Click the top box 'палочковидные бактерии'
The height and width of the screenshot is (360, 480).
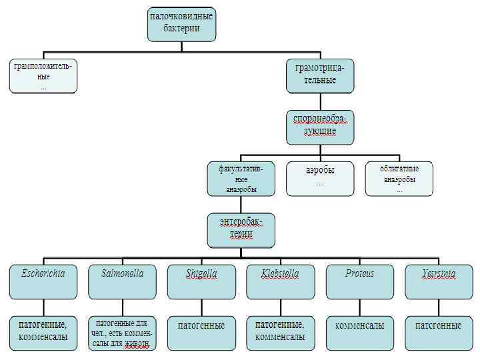(x=181, y=25)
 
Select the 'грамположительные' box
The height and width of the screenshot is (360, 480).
(x=43, y=76)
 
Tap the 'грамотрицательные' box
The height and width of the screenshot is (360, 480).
(x=319, y=75)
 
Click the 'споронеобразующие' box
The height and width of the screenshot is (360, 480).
(x=319, y=127)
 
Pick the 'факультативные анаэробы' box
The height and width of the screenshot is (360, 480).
(x=240, y=179)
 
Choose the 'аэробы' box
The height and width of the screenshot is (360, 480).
(x=319, y=179)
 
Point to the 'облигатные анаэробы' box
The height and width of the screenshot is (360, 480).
(x=399, y=179)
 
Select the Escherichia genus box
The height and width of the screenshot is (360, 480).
(x=43, y=281)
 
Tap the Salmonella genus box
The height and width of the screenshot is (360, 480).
(x=122, y=281)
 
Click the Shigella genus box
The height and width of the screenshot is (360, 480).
(x=201, y=281)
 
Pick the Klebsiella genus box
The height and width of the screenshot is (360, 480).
(x=280, y=281)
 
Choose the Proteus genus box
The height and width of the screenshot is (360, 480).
(x=359, y=281)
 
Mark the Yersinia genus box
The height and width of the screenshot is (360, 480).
(x=438, y=281)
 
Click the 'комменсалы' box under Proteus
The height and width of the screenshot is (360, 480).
(x=359, y=332)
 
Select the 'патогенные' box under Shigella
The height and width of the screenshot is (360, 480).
(x=201, y=332)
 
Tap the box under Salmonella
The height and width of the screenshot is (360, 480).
(x=122, y=332)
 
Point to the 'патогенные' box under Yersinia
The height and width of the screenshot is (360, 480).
(x=438, y=332)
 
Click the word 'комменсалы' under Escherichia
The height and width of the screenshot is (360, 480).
(x=43, y=337)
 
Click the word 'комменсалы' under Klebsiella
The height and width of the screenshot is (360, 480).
(x=280, y=337)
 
